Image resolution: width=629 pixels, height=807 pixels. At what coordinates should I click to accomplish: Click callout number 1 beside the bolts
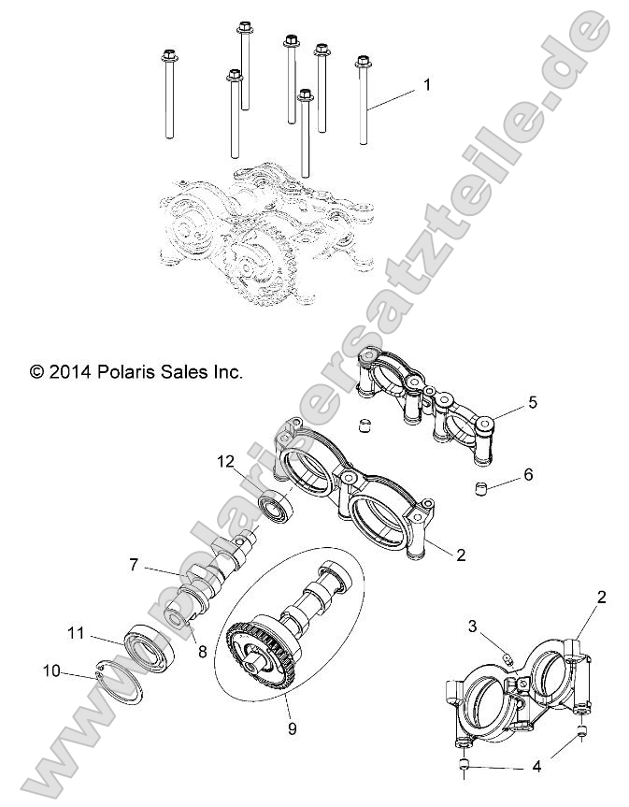point(427,85)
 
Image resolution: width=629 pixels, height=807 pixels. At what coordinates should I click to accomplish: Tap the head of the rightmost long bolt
point(364,63)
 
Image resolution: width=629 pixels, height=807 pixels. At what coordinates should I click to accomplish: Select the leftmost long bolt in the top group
point(169,94)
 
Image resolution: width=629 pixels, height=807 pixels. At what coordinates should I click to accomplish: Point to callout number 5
point(533,403)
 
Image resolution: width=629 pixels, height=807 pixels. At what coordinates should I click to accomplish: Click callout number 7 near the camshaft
point(135,564)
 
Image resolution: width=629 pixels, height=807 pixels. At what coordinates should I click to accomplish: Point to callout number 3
point(473,626)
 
